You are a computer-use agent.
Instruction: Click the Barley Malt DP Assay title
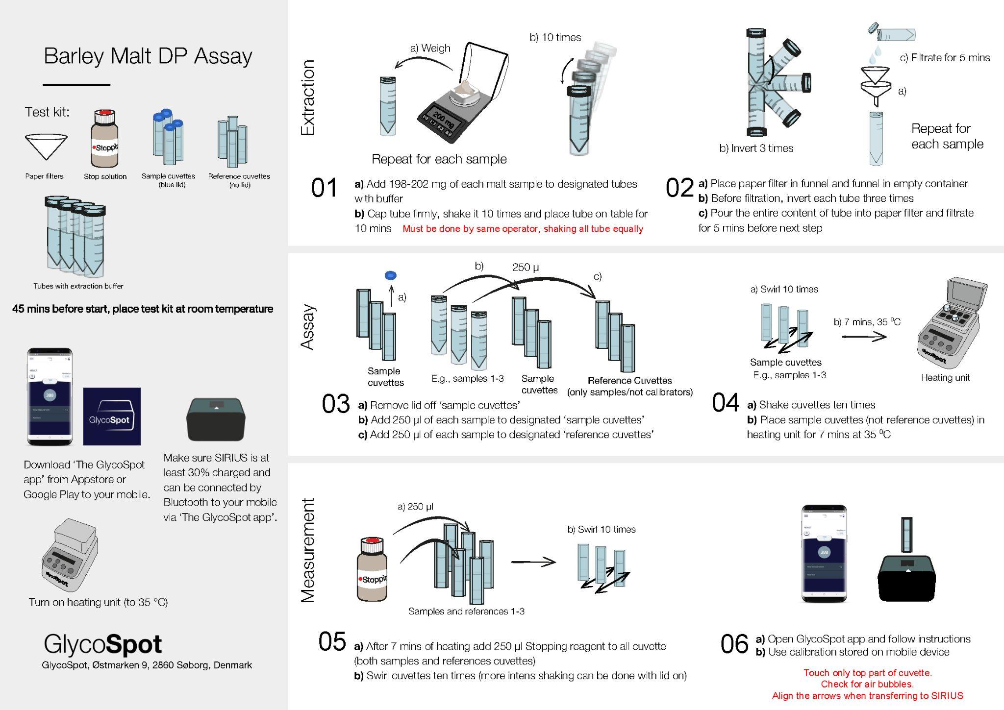[x=148, y=56]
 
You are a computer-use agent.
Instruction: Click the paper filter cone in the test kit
[x=46, y=146]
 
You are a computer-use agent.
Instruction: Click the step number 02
[x=679, y=188]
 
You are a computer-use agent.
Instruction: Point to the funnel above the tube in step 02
[x=875, y=86]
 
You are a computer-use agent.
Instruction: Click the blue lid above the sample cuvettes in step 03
[x=391, y=275]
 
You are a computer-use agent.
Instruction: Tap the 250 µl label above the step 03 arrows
[x=526, y=268]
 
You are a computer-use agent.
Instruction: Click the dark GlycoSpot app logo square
[x=112, y=416]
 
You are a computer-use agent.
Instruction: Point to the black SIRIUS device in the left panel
[x=216, y=420]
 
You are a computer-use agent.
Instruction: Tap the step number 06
[x=734, y=644]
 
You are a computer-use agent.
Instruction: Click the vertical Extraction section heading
[x=307, y=98]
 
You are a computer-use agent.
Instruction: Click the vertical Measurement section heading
[x=307, y=550]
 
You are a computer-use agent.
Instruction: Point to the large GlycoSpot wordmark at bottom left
[x=102, y=644]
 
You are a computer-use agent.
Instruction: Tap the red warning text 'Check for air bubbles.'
[x=867, y=684]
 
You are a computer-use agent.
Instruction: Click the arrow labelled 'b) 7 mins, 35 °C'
[x=864, y=337]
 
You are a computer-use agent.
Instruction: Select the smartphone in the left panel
[x=50, y=397]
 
